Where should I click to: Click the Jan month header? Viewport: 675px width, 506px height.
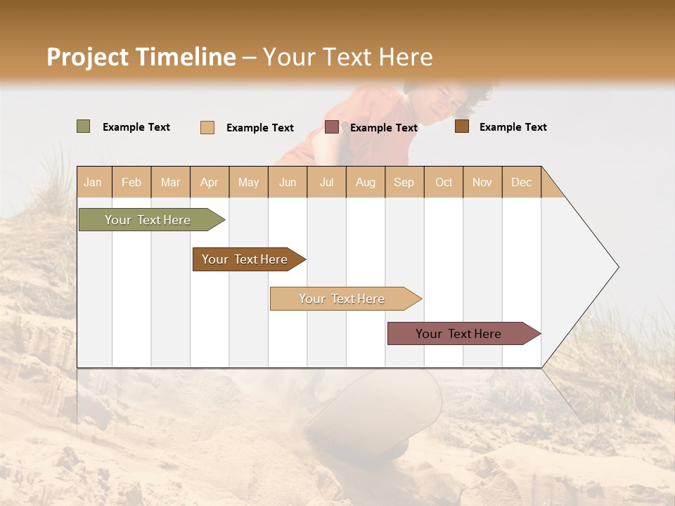click(x=94, y=182)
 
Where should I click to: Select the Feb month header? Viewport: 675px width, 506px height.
click(x=131, y=182)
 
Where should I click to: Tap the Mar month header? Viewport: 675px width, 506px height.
click(x=170, y=182)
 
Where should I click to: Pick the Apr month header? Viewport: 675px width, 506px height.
click(x=210, y=182)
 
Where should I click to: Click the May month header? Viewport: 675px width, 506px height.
click(x=248, y=182)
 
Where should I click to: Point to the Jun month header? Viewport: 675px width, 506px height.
click(x=288, y=182)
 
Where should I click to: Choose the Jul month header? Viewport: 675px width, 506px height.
click(x=326, y=182)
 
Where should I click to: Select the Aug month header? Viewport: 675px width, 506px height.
click(x=366, y=182)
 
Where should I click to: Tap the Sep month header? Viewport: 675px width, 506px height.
click(x=404, y=182)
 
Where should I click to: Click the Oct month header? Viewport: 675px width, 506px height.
click(x=444, y=182)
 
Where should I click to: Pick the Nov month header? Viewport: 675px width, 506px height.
click(x=482, y=182)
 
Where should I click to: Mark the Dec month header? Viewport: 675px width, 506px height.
click(x=522, y=182)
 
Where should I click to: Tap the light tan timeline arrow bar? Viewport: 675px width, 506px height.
click(x=342, y=299)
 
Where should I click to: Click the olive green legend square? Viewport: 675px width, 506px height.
click(x=84, y=126)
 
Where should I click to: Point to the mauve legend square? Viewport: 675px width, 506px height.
click(x=332, y=127)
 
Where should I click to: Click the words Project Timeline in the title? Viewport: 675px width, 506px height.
click(x=141, y=57)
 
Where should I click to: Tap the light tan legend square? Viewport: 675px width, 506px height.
click(x=207, y=127)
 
